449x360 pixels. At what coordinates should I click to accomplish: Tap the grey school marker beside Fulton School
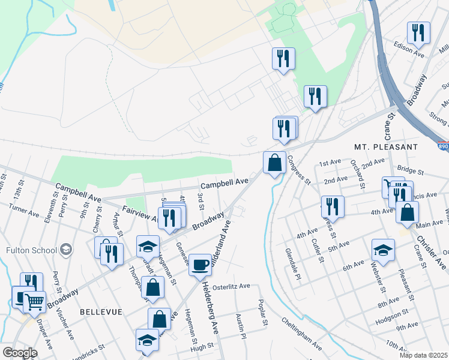(65, 250)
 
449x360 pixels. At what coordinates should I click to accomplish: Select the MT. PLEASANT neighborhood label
(385, 146)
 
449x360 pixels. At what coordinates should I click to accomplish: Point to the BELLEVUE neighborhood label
(100, 312)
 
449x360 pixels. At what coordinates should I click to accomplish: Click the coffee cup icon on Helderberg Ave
(200, 263)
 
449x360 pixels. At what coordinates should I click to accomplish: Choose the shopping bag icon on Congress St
(274, 162)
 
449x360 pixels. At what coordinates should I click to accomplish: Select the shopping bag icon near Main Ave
(408, 212)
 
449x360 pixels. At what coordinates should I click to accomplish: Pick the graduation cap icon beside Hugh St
(147, 340)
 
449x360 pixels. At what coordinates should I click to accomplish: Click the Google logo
(20, 352)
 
